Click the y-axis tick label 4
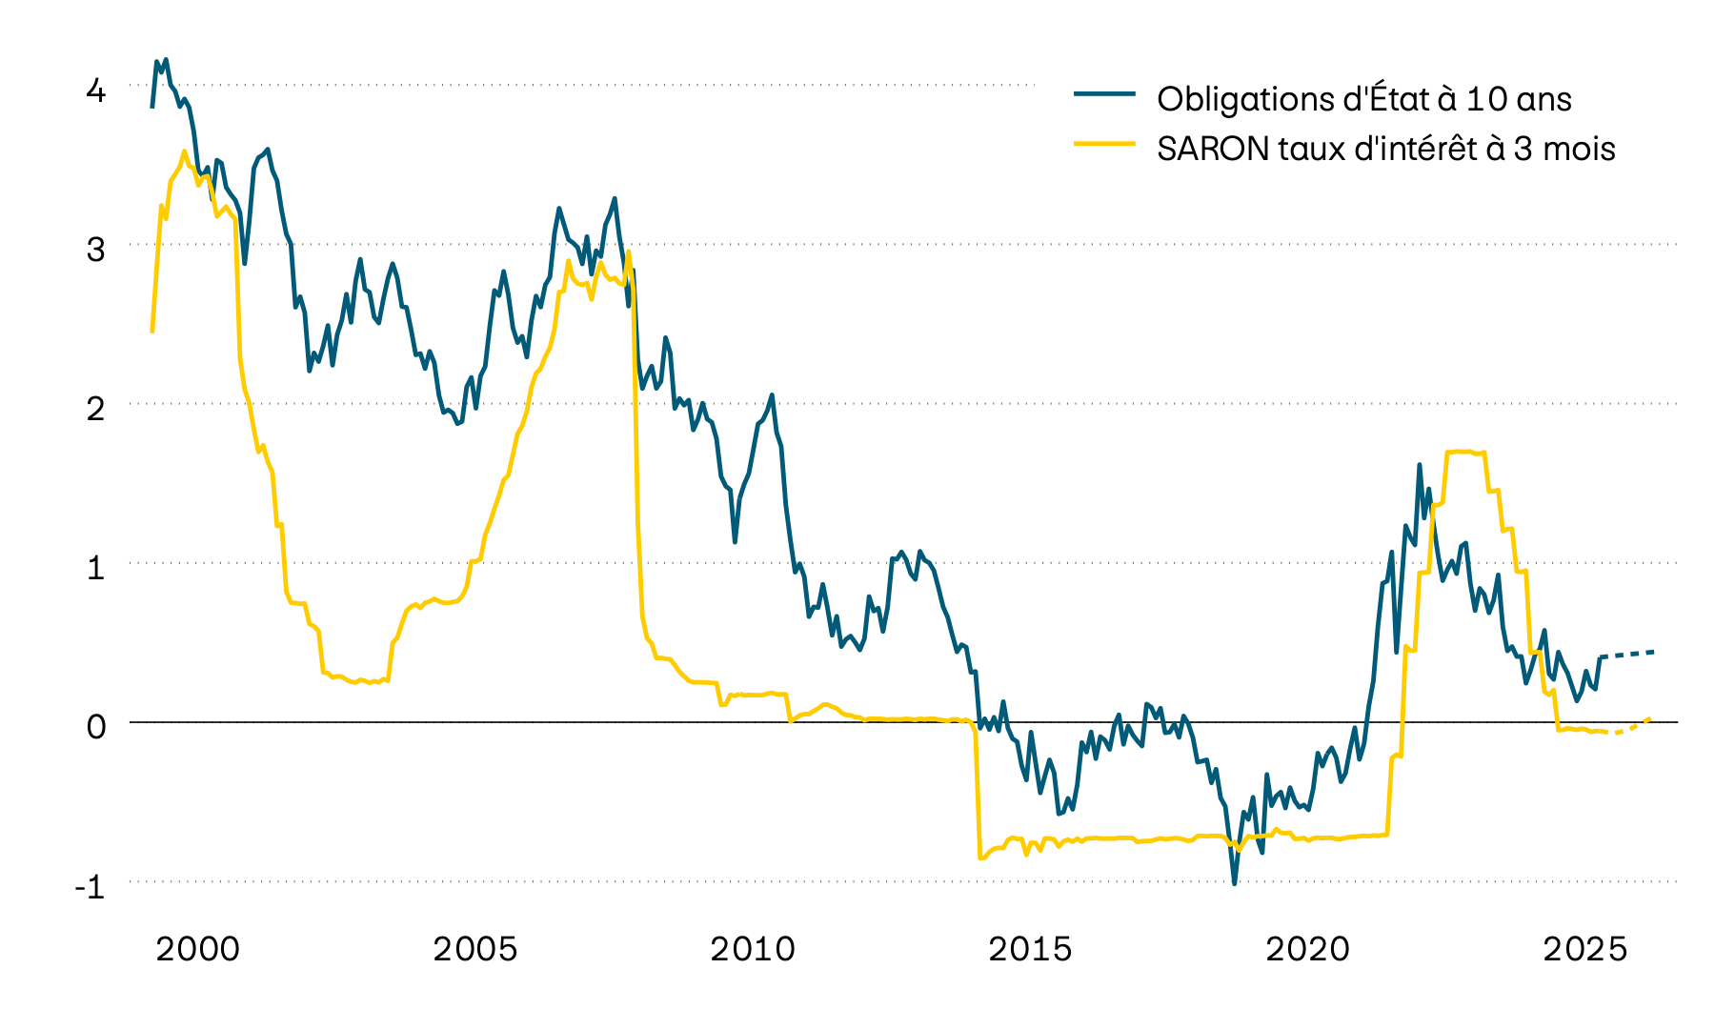pyautogui.click(x=95, y=91)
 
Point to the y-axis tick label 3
pyautogui.click(x=95, y=250)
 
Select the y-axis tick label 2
pyautogui.click(x=95, y=409)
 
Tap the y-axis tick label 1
pyautogui.click(x=95, y=568)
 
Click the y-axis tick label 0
pyautogui.click(x=95, y=727)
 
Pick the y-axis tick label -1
pyautogui.click(x=90, y=887)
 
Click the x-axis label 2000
pyautogui.click(x=198, y=949)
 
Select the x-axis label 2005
pyautogui.click(x=475, y=949)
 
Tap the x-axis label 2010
pyautogui.click(x=753, y=949)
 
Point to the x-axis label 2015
pyautogui.click(x=1030, y=949)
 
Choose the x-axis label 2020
pyautogui.click(x=1308, y=949)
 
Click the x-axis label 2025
pyautogui.click(x=1585, y=949)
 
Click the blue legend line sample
pyautogui.click(x=1105, y=94)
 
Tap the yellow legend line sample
pyautogui.click(x=1105, y=144)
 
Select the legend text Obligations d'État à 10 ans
pyautogui.click(x=1363, y=99)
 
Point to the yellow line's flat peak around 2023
pyautogui.click(x=1463, y=452)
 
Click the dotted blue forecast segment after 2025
pyautogui.click(x=1629, y=655)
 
